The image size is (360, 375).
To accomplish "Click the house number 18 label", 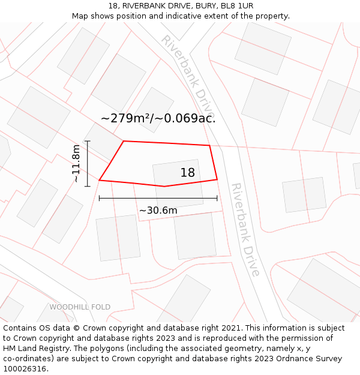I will coord(188,173).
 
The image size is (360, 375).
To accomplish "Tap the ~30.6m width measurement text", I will coord(158,211).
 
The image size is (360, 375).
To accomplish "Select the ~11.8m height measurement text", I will coord(76,163).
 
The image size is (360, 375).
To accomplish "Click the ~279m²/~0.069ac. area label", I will coord(158,118).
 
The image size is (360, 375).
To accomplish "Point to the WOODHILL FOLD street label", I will coord(80,307).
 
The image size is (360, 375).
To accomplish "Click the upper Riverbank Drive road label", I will coord(187,76).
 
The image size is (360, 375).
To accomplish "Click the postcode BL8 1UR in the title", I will coord(237,6).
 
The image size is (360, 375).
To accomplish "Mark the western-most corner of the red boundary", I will coord(99,180).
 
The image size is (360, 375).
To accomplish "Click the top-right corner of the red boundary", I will coord(209,145).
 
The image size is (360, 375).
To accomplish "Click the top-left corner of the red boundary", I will coord(124,141).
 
